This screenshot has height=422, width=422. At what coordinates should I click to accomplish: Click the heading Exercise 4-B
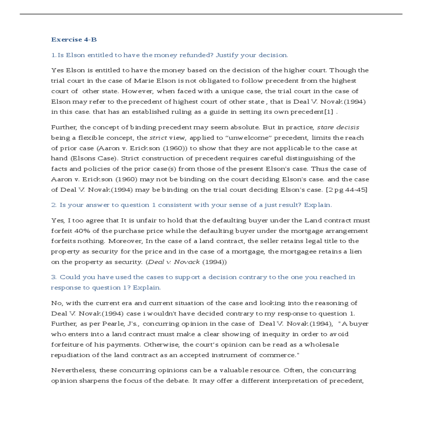tap(74, 39)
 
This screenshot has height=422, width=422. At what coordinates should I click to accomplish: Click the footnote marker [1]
tap(327, 112)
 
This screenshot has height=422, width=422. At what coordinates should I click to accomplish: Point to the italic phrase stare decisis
tap(338, 127)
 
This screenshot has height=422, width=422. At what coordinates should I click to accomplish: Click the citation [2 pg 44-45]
tap(346, 190)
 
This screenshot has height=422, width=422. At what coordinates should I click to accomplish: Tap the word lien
tap(356, 251)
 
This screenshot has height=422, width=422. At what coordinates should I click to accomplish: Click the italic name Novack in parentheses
tap(187, 262)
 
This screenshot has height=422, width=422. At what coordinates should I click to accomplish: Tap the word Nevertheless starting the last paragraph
tap(73, 370)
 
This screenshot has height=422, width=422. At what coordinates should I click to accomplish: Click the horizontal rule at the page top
tap(211, 14)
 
